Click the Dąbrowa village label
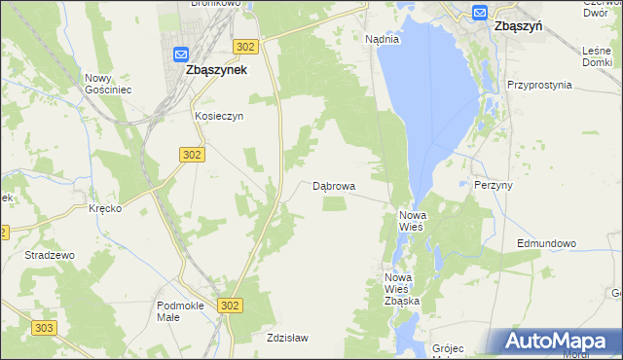coord(334,185)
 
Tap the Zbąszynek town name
coord(215,70)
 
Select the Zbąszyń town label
coord(518,27)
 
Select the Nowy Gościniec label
coord(107,84)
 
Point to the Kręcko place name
coord(104,209)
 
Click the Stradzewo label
coord(50,255)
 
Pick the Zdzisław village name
coord(287,338)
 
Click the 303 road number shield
coord(42,329)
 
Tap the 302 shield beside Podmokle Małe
coord(229,306)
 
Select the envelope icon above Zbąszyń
coord(480,12)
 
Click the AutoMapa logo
coord(559,342)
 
